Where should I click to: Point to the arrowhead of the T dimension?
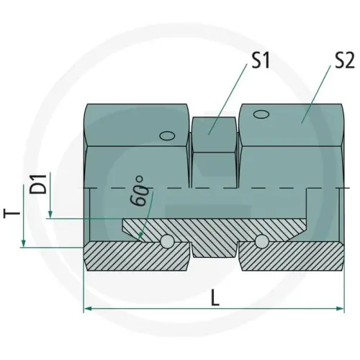pos(24,244)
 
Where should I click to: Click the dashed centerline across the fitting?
pos(216,189)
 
